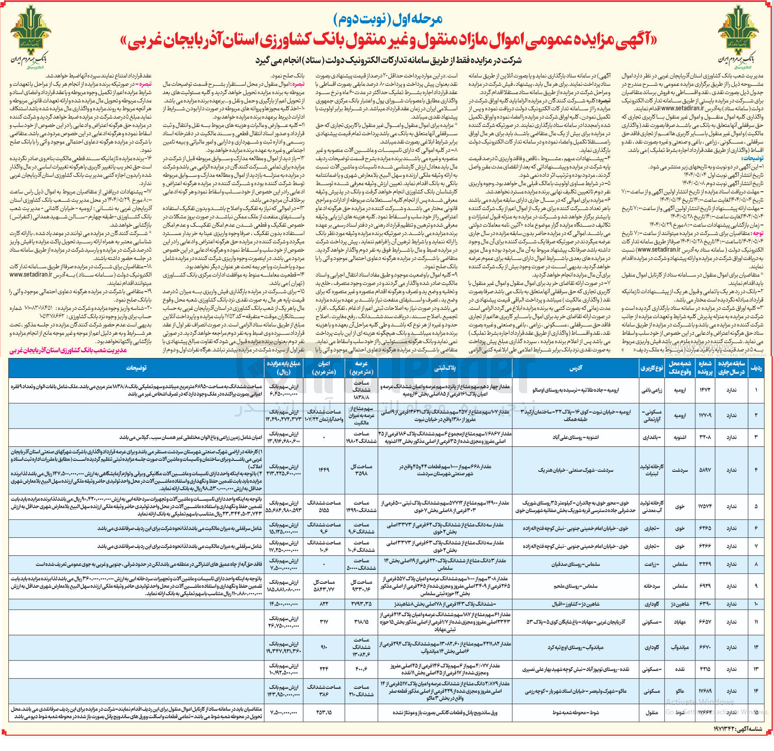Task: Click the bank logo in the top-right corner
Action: tap(738, 42)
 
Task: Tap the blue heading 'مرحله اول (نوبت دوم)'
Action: tap(388, 19)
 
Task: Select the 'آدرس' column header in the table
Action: tap(575, 368)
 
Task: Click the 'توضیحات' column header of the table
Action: tap(136, 368)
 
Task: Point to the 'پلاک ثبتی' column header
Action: tap(445, 368)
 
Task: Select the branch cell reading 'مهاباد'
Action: tap(680, 622)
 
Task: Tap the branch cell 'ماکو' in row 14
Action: tap(680, 691)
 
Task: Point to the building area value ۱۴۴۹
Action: tap(324, 470)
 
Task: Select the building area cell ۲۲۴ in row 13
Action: tap(324, 669)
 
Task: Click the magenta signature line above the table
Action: tap(68, 351)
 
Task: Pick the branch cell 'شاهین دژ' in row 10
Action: tap(680, 604)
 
